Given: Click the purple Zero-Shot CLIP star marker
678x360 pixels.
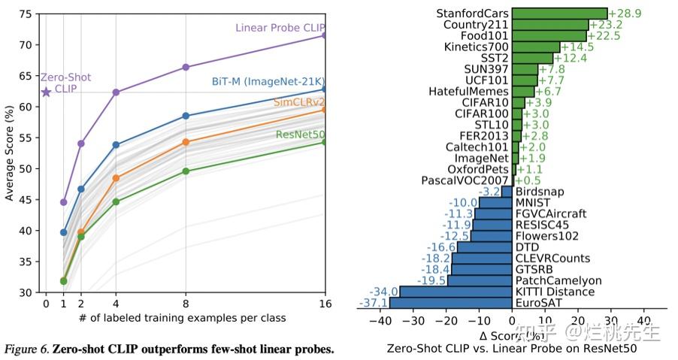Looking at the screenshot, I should pyautogui.click(x=46, y=92).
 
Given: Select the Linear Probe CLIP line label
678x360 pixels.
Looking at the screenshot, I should pyautogui.click(x=280, y=28).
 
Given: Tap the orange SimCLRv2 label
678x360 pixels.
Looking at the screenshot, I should pyautogui.click(x=299, y=101).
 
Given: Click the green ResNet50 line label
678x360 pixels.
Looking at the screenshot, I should pyautogui.click(x=300, y=135).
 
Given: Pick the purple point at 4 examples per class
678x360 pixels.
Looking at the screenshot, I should pyautogui.click(x=116, y=92).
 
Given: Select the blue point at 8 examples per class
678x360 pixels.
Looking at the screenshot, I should pyautogui.click(x=186, y=116).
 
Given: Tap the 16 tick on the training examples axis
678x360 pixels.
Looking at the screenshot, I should pyautogui.click(x=325, y=303).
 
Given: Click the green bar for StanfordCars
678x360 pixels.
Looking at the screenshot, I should pyautogui.click(x=559, y=14).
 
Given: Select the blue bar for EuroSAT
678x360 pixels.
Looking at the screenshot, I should pyautogui.click(x=450, y=302).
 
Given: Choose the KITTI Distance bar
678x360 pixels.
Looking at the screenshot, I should pyautogui.click(x=456, y=291).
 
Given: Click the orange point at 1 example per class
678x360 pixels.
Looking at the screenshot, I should pyautogui.click(x=63, y=280).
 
